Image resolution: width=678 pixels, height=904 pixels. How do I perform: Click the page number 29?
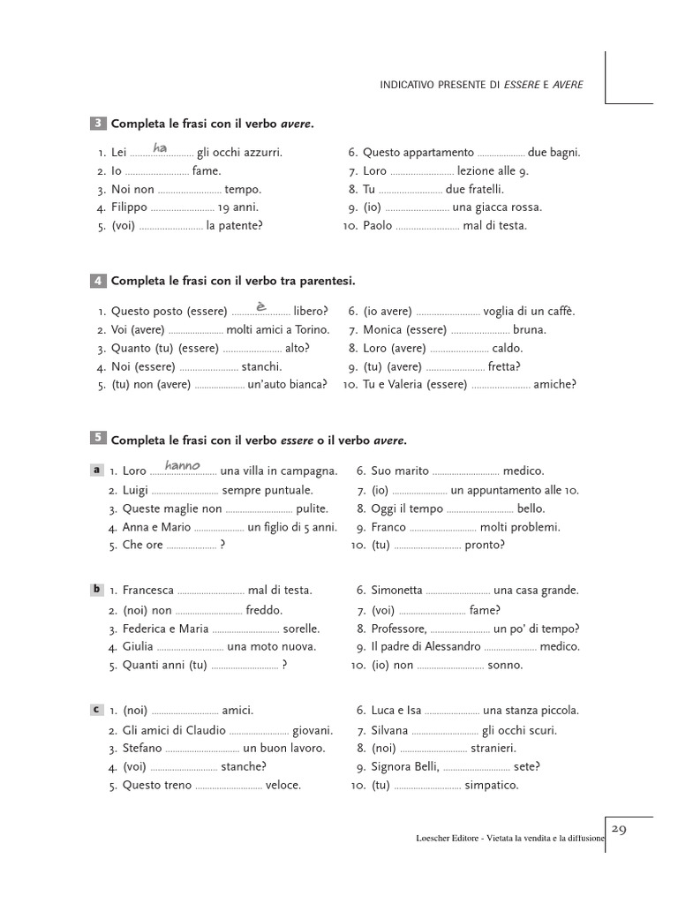(619, 829)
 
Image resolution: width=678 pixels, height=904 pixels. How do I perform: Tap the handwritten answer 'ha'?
(160, 147)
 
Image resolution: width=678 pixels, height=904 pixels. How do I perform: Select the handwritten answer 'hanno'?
(183, 465)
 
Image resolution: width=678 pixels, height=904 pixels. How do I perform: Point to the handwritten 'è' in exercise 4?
(260, 305)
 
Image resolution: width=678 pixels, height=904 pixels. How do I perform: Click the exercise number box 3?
(97, 123)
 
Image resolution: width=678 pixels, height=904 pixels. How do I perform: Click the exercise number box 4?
(97, 281)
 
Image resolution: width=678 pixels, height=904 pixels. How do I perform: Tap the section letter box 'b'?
(96, 590)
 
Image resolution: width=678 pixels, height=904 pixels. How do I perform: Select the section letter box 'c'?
(96, 710)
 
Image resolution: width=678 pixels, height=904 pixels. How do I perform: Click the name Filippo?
(129, 207)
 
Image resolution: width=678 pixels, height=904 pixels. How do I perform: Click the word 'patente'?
(233, 226)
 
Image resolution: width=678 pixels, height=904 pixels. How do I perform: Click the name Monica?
(382, 329)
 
